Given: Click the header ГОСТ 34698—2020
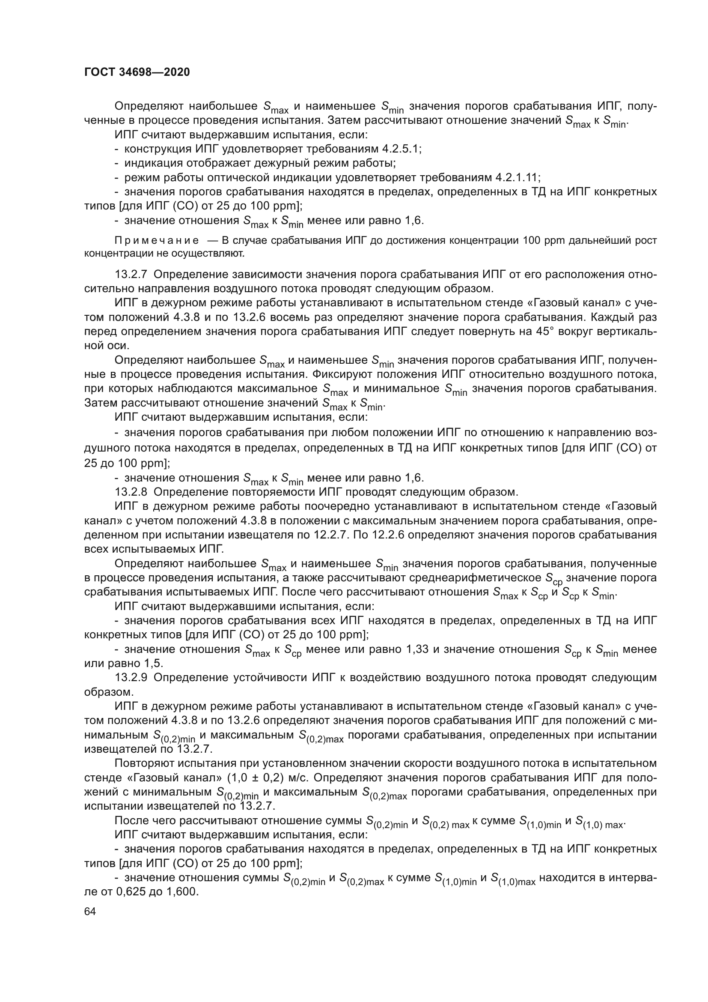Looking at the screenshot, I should (137, 72).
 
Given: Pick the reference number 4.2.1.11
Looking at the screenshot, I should (518, 178).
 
